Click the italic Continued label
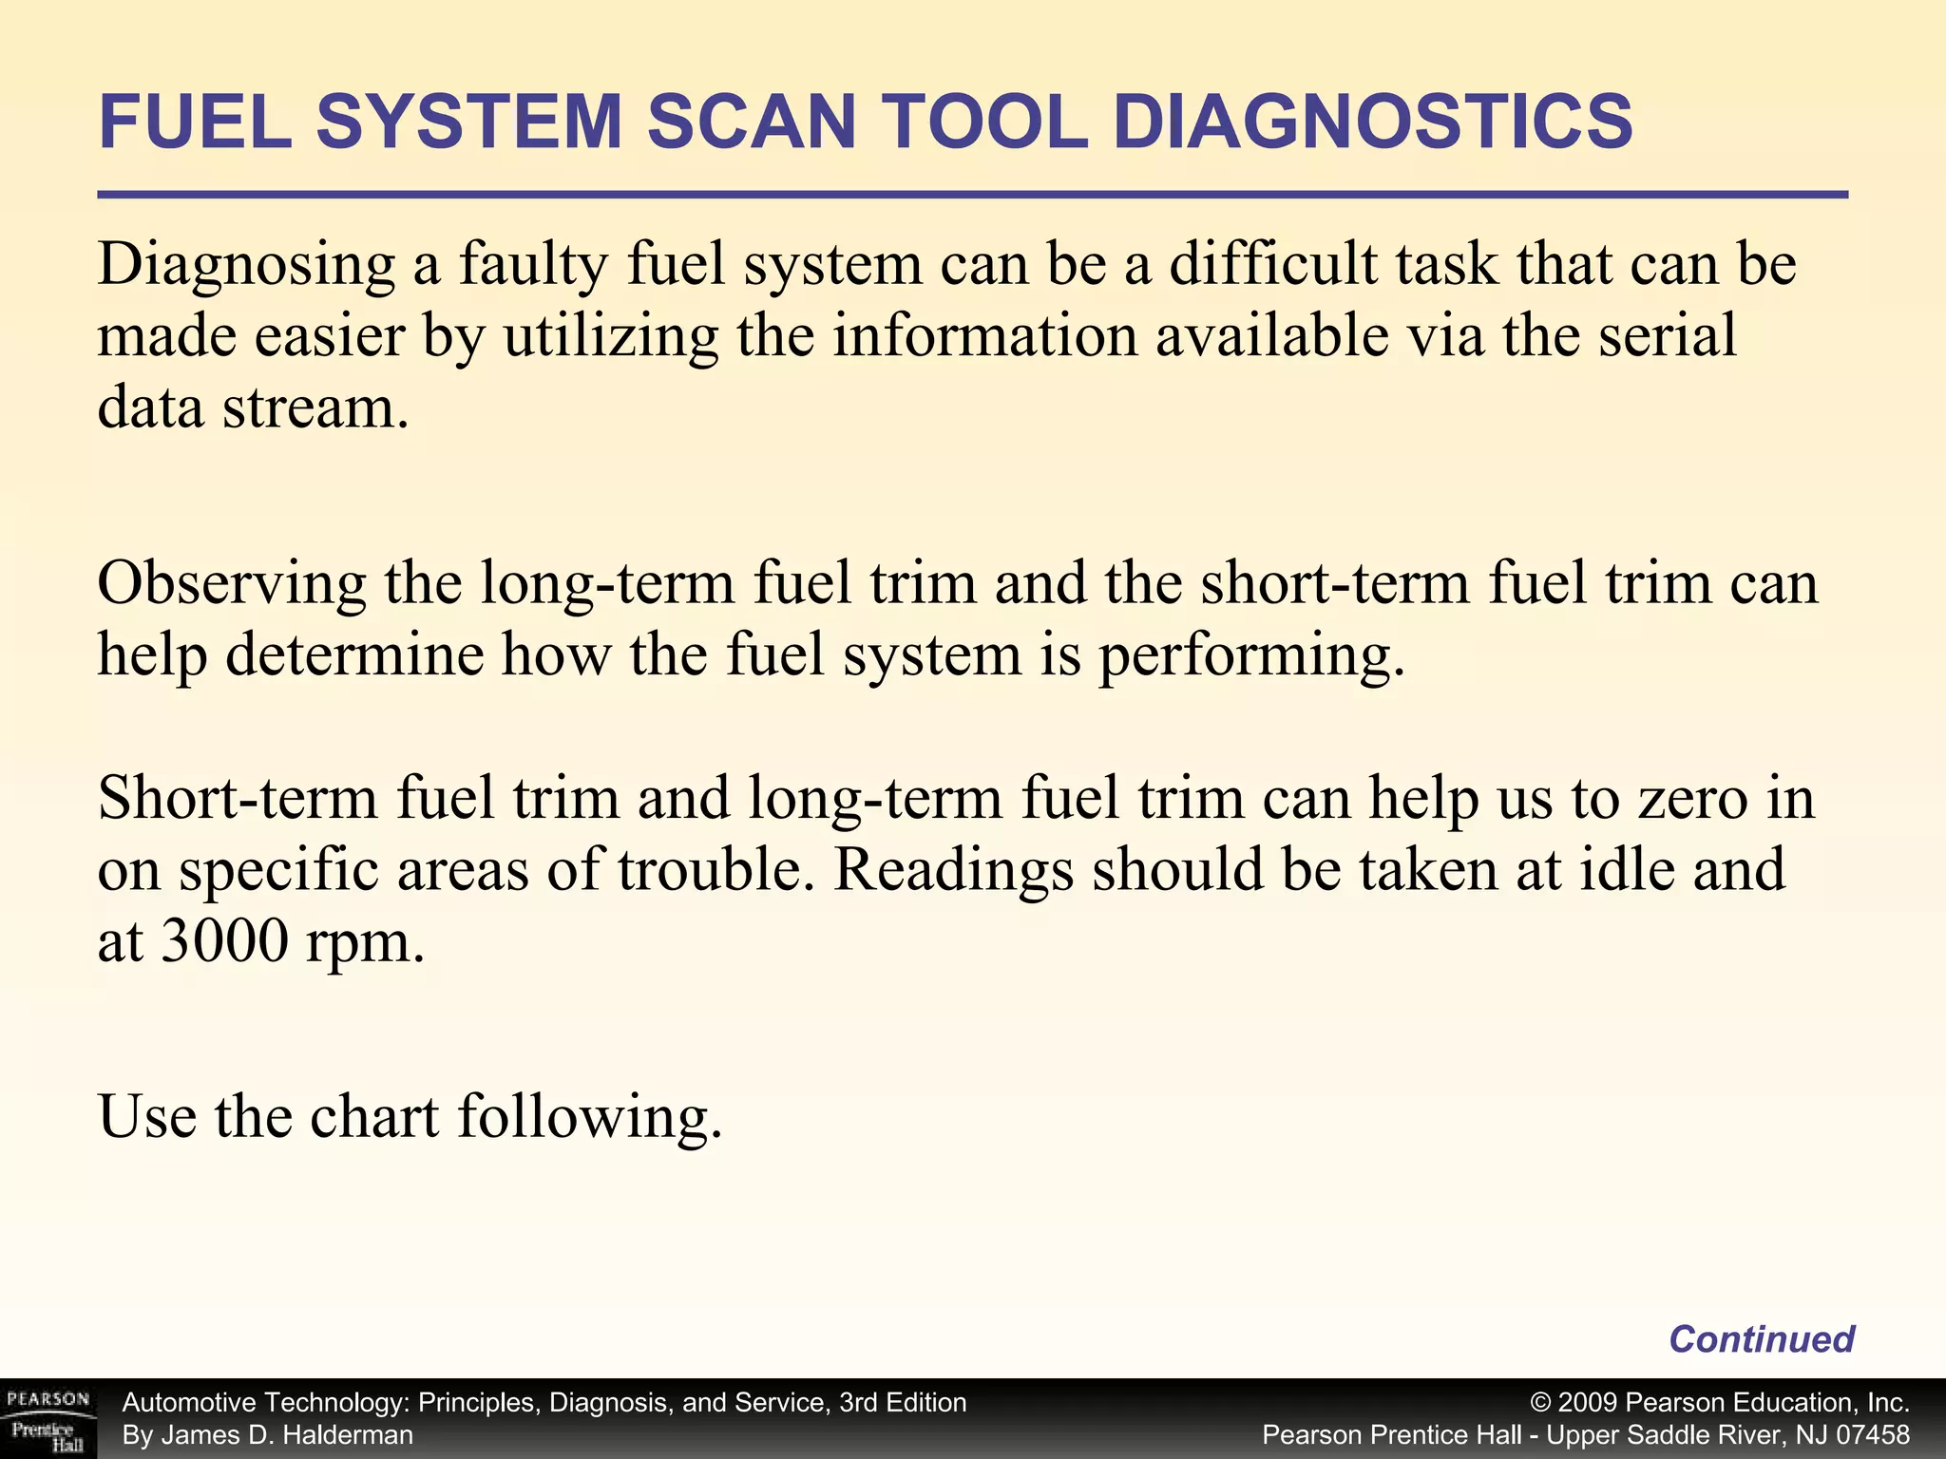coord(1762,1339)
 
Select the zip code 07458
coord(1873,1435)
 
